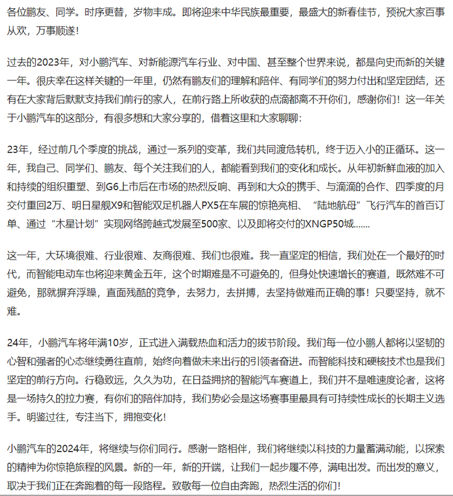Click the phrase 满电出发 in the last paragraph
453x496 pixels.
pos(332,468)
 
